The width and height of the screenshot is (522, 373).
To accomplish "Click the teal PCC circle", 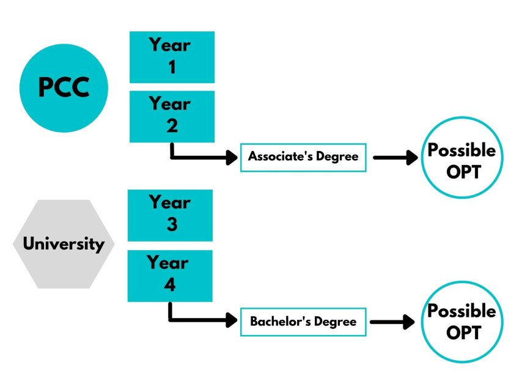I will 64,88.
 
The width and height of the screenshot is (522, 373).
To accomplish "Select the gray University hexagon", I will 64,244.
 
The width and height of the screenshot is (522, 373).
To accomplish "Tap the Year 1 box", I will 172,57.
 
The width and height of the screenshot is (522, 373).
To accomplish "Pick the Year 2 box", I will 172,116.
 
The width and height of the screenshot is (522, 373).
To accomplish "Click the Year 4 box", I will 170,275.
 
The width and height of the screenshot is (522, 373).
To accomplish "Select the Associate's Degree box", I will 303,157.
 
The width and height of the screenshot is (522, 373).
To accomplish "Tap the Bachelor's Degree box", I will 303,321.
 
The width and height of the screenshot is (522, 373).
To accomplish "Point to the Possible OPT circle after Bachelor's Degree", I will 462,322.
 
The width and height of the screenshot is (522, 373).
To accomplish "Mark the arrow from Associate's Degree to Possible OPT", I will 394,157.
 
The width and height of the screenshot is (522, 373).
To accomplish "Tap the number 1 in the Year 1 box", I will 172,67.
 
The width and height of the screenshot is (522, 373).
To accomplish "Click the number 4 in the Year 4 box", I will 170,286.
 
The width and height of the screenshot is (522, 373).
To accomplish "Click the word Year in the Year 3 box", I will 170,202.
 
